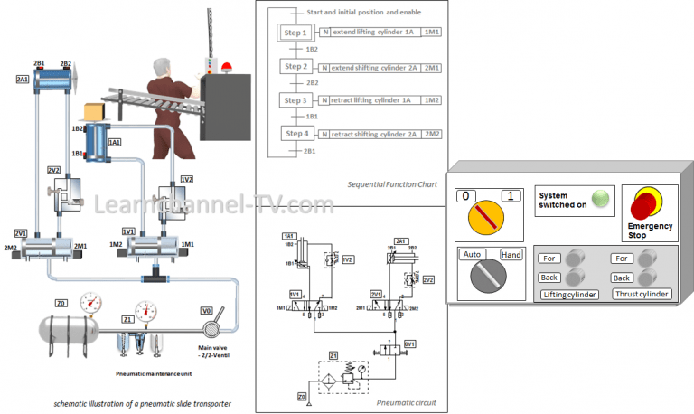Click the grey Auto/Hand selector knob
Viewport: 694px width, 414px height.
(488, 276)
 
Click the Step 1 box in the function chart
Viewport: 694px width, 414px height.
(296, 33)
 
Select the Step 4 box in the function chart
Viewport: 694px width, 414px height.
(296, 135)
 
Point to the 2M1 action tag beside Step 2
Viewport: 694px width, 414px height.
(432, 67)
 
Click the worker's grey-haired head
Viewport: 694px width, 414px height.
(161, 68)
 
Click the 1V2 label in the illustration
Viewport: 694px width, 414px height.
(187, 179)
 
